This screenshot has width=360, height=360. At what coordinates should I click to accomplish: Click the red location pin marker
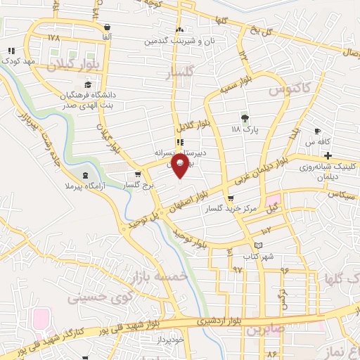(180, 165)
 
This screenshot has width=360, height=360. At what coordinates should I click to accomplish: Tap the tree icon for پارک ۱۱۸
(245, 118)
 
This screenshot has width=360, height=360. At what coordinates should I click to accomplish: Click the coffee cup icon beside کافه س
(317, 131)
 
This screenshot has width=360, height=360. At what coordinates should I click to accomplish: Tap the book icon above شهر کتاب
(259, 245)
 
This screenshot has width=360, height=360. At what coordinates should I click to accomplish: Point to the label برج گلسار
(138, 186)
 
